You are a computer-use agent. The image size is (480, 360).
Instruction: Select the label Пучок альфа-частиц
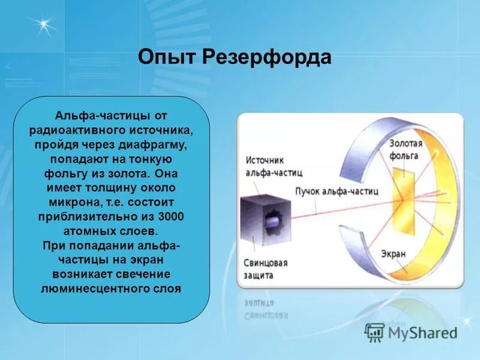(336, 191)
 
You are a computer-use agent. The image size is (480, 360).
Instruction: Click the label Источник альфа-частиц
(273, 166)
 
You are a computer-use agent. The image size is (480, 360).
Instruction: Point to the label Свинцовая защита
(266, 269)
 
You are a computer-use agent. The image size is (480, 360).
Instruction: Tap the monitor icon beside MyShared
(375, 332)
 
